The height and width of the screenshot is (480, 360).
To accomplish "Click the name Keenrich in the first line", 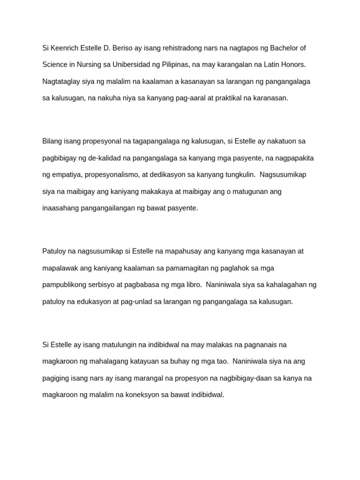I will pos(66,48).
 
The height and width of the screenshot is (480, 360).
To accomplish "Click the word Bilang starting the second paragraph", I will pos(52,141).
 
